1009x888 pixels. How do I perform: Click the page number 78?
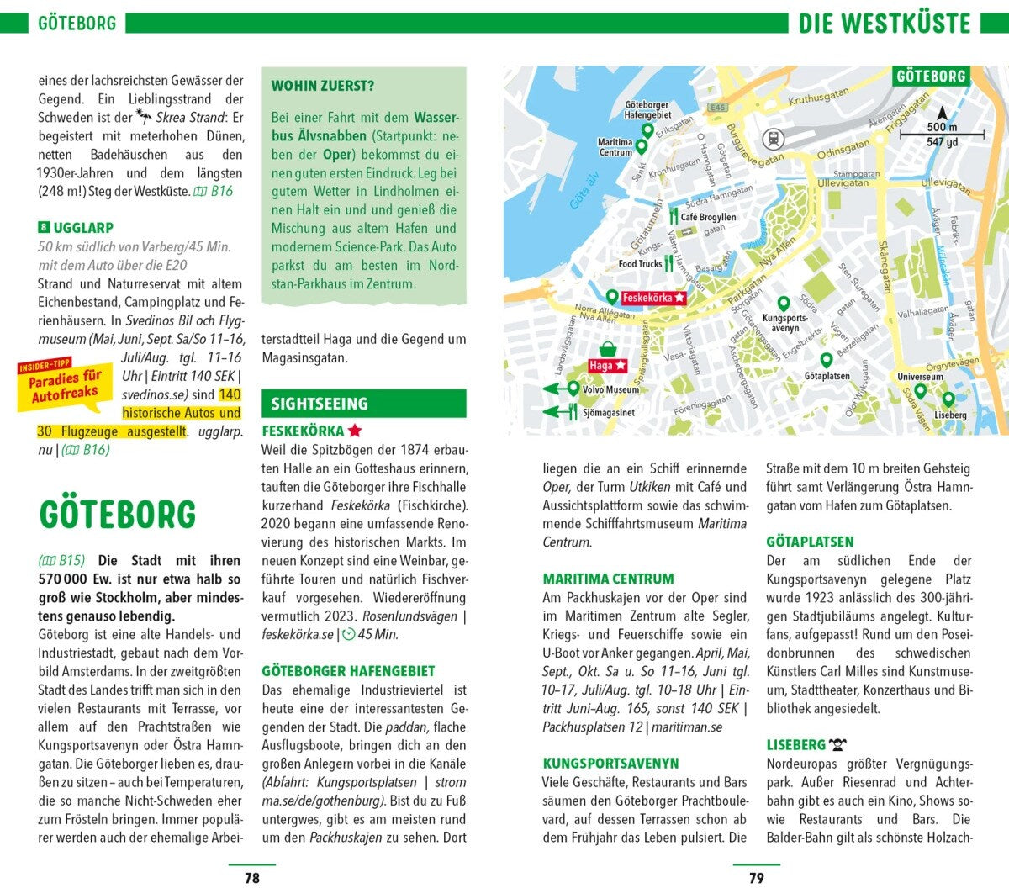pyautogui.click(x=251, y=877)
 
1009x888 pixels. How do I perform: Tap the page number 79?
pyautogui.click(x=756, y=877)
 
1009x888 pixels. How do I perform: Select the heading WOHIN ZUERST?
pyautogui.click(x=323, y=86)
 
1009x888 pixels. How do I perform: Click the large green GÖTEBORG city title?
pyautogui.click(x=117, y=515)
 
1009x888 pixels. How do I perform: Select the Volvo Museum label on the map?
pyautogui.click(x=610, y=389)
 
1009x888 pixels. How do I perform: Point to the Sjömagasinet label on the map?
pyautogui.click(x=609, y=412)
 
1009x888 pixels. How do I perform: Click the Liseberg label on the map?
pyautogui.click(x=950, y=415)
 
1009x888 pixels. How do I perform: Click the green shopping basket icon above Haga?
pyautogui.click(x=607, y=349)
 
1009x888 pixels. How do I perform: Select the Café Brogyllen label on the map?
pyautogui.click(x=708, y=217)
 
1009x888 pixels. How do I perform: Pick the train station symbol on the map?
pyautogui.click(x=770, y=139)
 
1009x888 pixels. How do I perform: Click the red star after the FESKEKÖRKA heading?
pyautogui.click(x=355, y=431)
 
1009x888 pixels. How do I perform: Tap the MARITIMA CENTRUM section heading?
pyautogui.click(x=608, y=579)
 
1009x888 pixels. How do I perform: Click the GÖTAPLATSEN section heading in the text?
pyautogui.click(x=810, y=542)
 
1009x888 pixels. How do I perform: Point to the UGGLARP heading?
pyautogui.click(x=83, y=228)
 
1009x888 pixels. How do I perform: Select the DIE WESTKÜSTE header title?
pyautogui.click(x=884, y=23)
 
